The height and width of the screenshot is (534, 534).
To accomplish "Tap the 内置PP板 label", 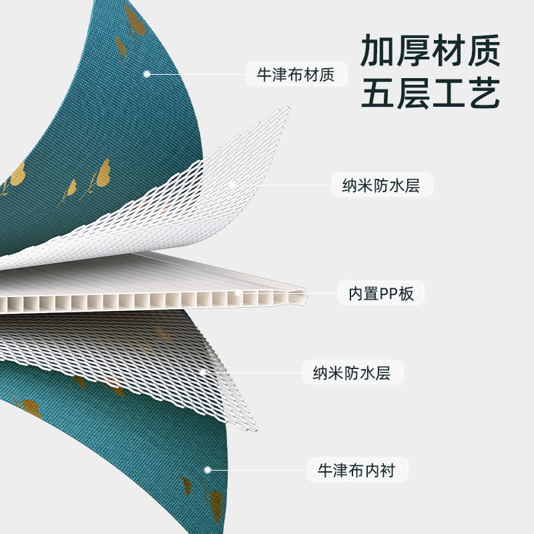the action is pos(381,293).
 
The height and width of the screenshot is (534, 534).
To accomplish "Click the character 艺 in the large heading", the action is pos(483,95).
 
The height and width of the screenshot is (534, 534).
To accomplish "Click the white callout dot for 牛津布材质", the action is pos(146,74).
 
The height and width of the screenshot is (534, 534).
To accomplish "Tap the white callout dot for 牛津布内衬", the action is pos(208,470).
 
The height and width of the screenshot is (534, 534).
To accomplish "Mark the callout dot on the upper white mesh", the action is pos(232,184).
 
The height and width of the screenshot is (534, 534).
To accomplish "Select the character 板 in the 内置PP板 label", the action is pos(407,293).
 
